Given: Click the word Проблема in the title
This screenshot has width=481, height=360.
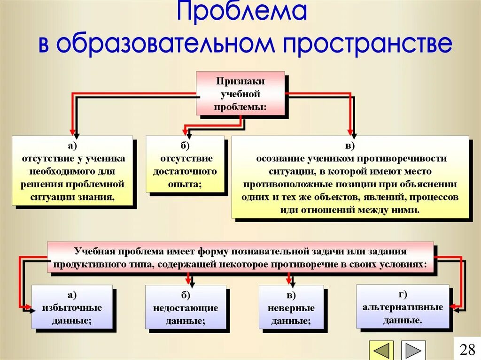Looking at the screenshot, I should pyautogui.click(x=241, y=13).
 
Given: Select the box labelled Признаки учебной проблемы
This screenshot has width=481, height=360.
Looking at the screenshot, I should pyautogui.click(x=240, y=93).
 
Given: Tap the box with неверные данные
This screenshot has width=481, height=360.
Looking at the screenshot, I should pyautogui.click(x=291, y=307).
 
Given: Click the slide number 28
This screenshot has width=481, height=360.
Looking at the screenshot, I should pyautogui.click(x=467, y=349).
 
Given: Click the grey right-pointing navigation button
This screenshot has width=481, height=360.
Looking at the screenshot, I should pyautogui.click(x=413, y=351).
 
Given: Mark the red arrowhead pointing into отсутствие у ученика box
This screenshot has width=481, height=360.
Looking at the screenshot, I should pyautogui.click(x=72, y=131).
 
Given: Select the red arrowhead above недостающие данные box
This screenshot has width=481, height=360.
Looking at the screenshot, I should pyautogui.click(x=188, y=281).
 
